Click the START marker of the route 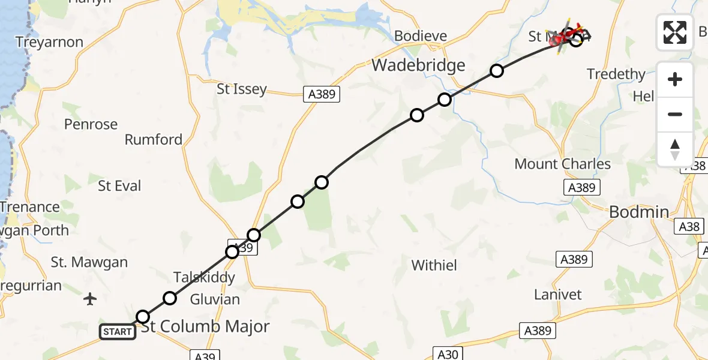coord(118,332)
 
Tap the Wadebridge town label coord(418,65)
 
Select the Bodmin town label coord(638,212)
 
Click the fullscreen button coord(675,32)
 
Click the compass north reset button coord(675,149)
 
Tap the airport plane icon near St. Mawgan coord(91,298)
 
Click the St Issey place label coord(241,89)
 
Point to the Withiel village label coord(434,265)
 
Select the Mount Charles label coord(562,164)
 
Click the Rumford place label coord(154,140)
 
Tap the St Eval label coord(119,186)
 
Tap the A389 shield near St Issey coord(320,94)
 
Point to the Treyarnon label coord(49,43)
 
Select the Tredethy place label coord(616,74)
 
